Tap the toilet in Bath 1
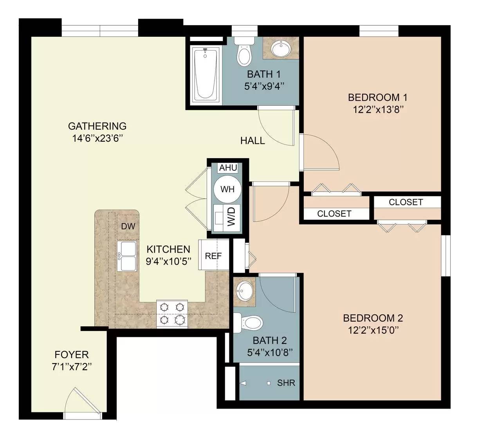244,53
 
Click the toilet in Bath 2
249,323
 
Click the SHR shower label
286,383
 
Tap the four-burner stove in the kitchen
172,314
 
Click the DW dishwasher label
128,226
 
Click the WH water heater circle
227,189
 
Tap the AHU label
228,168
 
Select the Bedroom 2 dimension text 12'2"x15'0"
373,330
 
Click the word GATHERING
97,126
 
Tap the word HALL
253,141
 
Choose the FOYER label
72,355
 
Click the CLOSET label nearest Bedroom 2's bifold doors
406,202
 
